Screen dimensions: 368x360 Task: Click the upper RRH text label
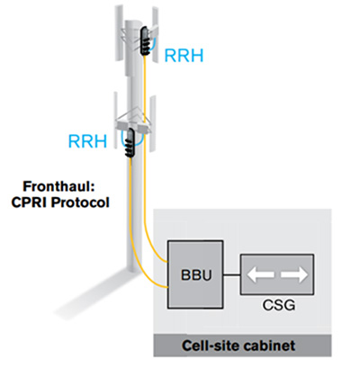click(x=184, y=56)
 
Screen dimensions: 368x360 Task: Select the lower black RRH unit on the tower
click(x=131, y=141)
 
